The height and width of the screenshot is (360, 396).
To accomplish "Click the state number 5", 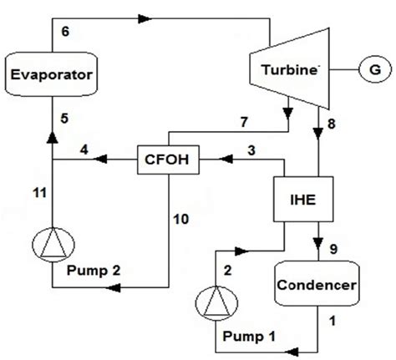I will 56,119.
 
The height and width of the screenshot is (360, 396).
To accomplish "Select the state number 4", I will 84,150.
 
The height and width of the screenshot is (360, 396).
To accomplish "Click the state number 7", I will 244,122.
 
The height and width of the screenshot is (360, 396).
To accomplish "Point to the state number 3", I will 249,150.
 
